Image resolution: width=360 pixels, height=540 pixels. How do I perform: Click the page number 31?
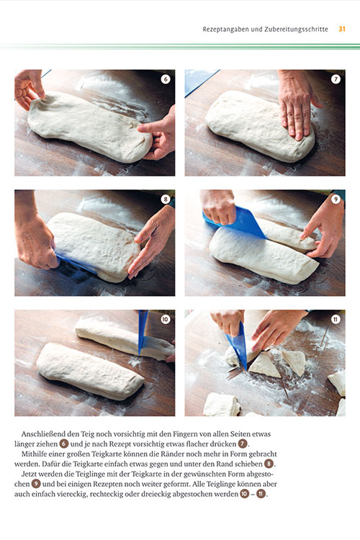[342, 29]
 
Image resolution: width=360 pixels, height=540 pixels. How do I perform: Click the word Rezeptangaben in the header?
[225, 30]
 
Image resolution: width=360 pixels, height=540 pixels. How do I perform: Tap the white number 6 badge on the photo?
[166, 79]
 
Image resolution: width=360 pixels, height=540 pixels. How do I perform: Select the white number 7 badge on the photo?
[336, 79]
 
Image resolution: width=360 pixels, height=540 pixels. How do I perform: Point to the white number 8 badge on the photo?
[166, 199]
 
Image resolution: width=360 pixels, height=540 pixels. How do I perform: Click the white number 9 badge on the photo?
[336, 199]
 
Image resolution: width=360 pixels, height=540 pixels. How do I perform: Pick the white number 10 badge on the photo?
[166, 319]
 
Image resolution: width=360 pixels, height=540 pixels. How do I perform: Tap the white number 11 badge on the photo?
[336, 319]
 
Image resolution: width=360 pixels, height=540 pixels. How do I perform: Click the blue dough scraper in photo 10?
[143, 333]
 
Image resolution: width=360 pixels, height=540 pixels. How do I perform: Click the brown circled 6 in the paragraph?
[64, 444]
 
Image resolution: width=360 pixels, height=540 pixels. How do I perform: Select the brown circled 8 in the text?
[269, 464]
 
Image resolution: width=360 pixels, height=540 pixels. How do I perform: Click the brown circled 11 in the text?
[261, 494]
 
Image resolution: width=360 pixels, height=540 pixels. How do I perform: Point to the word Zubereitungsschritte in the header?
[296, 30]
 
